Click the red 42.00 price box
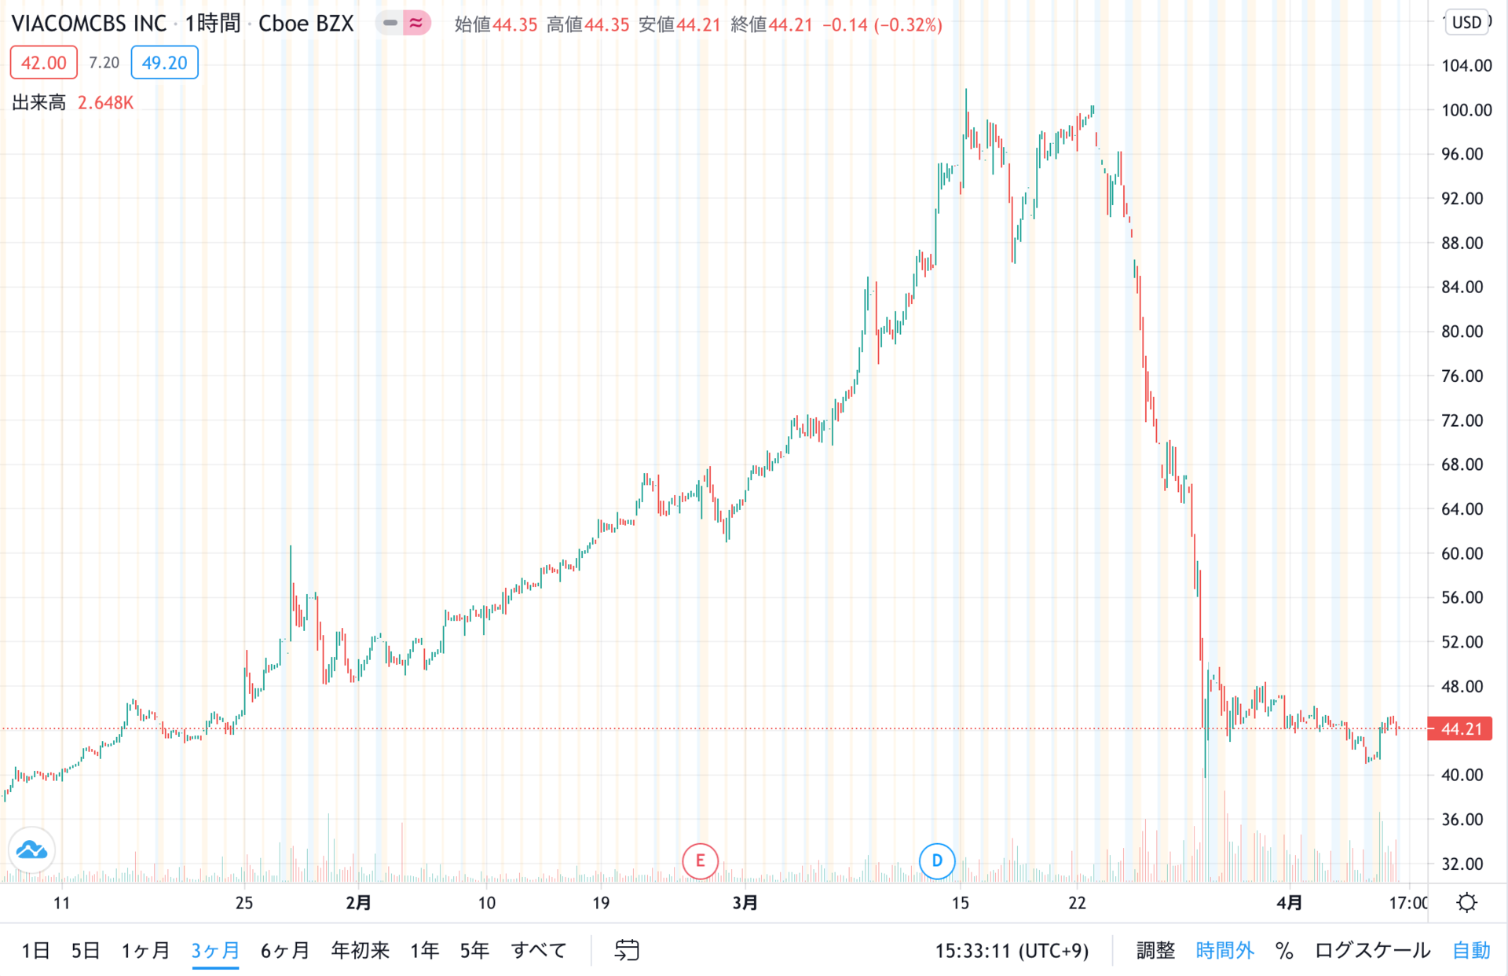(x=43, y=63)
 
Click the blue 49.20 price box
(x=164, y=63)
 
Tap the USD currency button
(x=1466, y=22)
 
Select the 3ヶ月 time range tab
(x=215, y=950)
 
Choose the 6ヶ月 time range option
(x=285, y=950)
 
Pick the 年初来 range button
(x=361, y=950)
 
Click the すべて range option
(x=539, y=950)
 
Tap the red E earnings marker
(x=700, y=860)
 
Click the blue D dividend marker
(x=937, y=860)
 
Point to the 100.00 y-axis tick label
(x=1466, y=110)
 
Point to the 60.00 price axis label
(x=1462, y=553)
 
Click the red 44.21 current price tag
(x=1459, y=728)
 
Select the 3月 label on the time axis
(x=745, y=903)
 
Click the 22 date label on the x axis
(x=1077, y=903)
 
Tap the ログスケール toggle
(x=1372, y=950)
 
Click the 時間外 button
(x=1224, y=950)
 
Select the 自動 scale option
(x=1471, y=950)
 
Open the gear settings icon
(x=1466, y=902)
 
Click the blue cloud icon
(x=31, y=849)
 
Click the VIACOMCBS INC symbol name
(x=89, y=24)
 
